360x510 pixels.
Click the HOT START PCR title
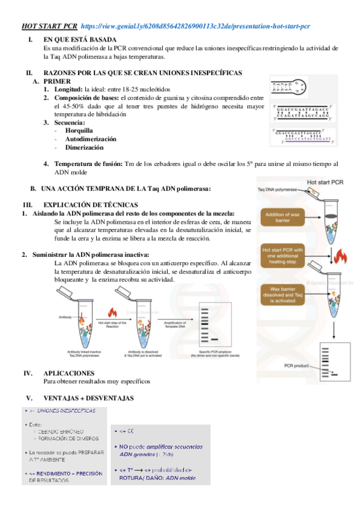click(49, 27)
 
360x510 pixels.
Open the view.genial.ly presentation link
click(195, 27)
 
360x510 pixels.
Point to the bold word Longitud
click(68, 89)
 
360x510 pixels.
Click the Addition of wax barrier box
click(282, 218)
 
